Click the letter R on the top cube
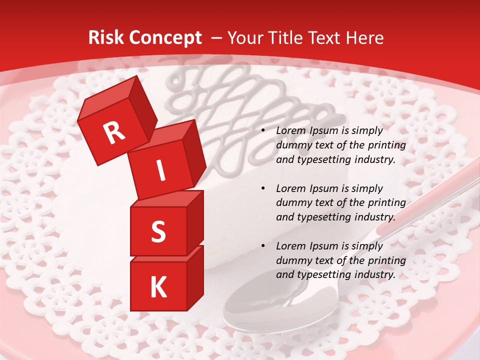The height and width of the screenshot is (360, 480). (x=114, y=133)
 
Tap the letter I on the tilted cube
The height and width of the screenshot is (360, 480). (x=161, y=170)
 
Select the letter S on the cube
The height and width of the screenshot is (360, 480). (x=158, y=231)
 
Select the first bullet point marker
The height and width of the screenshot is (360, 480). (x=263, y=130)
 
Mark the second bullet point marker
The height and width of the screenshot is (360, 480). (x=263, y=188)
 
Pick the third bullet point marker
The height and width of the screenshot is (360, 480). (x=263, y=246)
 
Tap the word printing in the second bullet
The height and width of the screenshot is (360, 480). (x=385, y=203)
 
